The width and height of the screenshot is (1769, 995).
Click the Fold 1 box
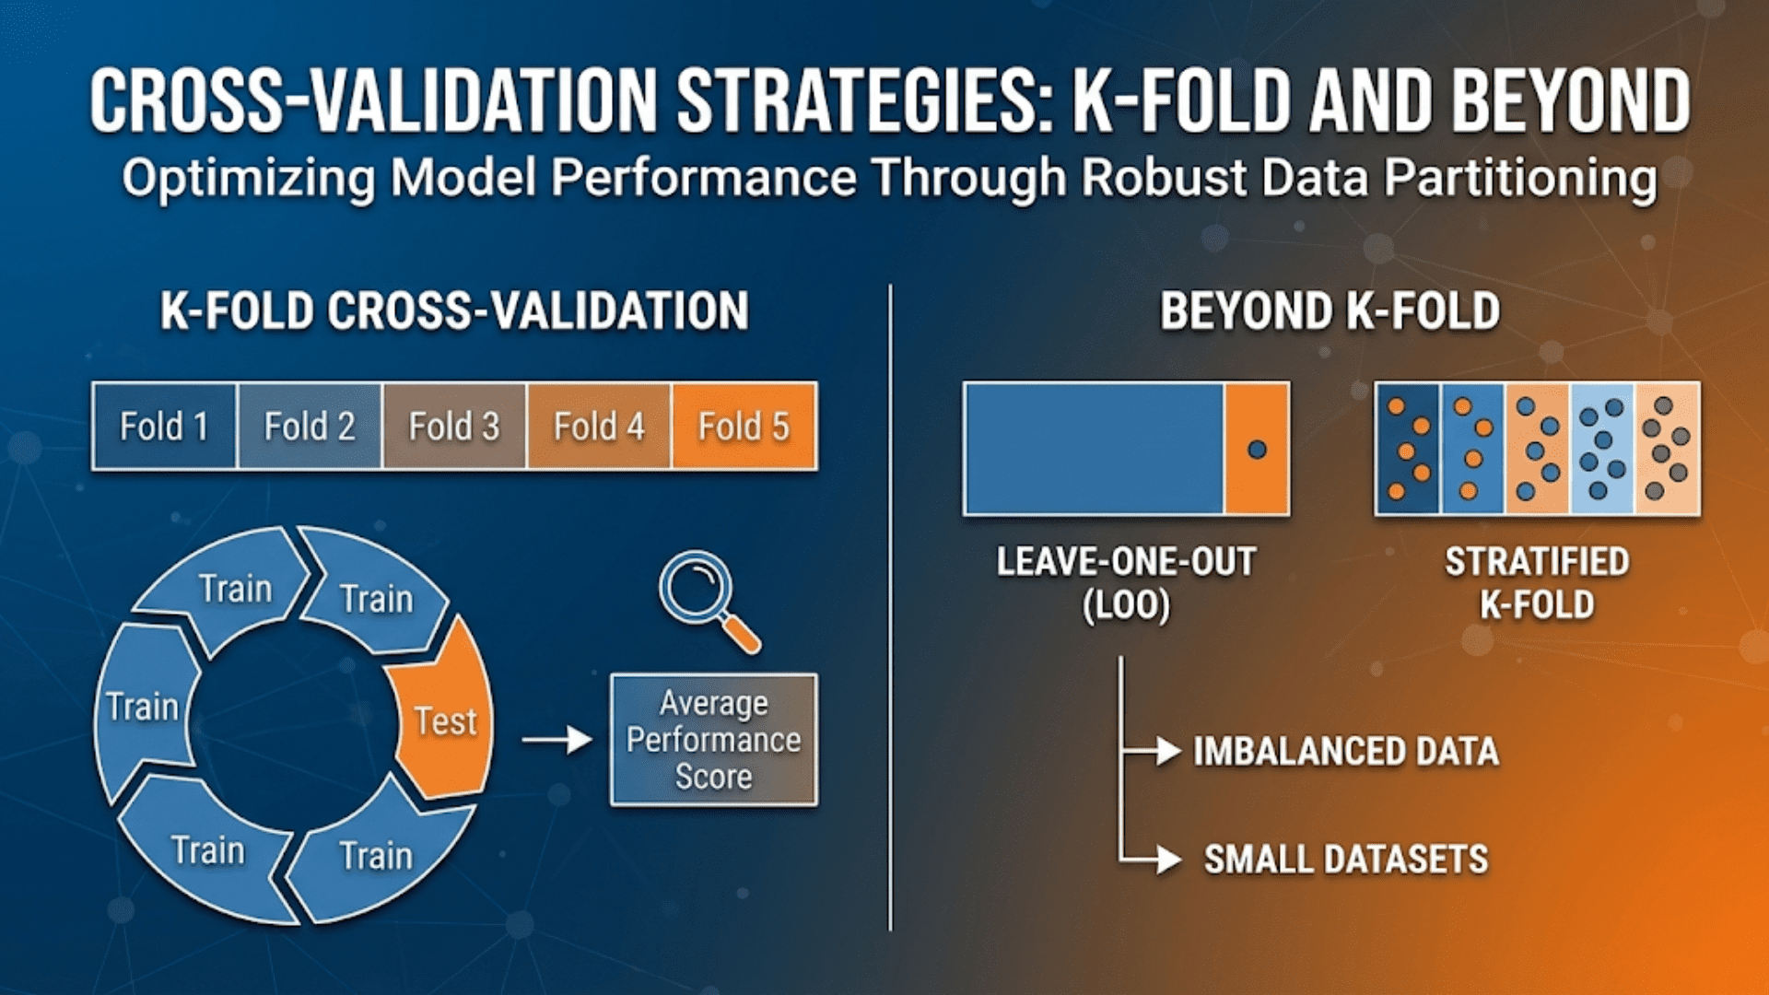pyautogui.click(x=164, y=427)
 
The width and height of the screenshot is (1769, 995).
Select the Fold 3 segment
pyautogui.click(x=454, y=427)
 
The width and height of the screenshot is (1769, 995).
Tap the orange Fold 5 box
pyautogui.click(x=744, y=427)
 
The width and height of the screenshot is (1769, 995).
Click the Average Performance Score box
pyautogui.click(x=713, y=740)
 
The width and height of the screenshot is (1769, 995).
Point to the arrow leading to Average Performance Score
pyautogui.click(x=556, y=739)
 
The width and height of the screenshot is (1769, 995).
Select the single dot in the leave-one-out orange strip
pyautogui.click(x=1257, y=450)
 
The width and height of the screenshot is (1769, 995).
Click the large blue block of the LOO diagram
pyautogui.click(x=1094, y=450)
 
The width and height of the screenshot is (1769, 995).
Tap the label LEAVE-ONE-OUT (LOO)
pyautogui.click(x=1126, y=583)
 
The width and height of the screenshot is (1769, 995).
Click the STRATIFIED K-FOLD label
pyautogui.click(x=1537, y=583)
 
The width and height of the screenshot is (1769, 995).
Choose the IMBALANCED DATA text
pyautogui.click(x=1346, y=752)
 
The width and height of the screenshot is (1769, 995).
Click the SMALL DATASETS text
pyautogui.click(x=1346, y=860)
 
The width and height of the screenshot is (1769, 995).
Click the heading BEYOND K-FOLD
pyautogui.click(x=1330, y=310)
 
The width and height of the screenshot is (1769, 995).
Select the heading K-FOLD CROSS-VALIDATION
pyautogui.click(x=454, y=310)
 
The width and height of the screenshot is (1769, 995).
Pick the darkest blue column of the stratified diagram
pyautogui.click(x=1407, y=450)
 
